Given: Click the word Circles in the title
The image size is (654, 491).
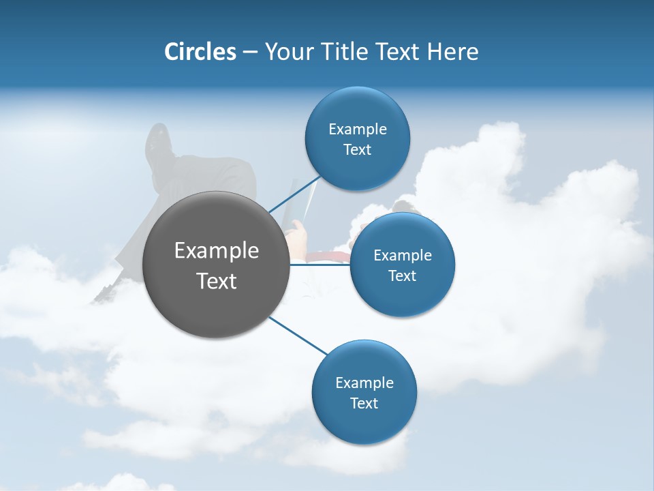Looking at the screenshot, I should [200, 52].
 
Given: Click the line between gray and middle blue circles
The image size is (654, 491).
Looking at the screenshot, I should [320, 265].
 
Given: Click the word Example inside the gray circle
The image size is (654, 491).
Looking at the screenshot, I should [217, 251].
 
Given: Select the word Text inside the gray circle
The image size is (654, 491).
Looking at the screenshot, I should [217, 281].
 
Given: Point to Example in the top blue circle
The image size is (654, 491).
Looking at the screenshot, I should [358, 129].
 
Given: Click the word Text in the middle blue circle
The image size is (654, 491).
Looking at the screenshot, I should [402, 276].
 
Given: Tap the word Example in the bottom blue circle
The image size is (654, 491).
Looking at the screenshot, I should [364, 383].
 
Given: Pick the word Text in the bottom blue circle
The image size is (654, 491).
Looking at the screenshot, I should [364, 403].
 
